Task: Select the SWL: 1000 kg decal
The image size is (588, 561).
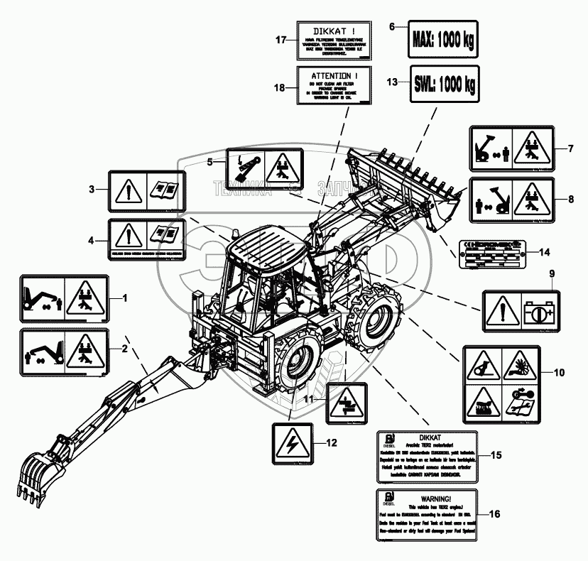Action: (x=443, y=82)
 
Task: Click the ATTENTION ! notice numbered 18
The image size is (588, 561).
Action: (x=333, y=85)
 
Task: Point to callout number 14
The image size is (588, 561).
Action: (x=545, y=252)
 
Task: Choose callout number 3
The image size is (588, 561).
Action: (x=92, y=190)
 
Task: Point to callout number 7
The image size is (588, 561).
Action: (x=570, y=148)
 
